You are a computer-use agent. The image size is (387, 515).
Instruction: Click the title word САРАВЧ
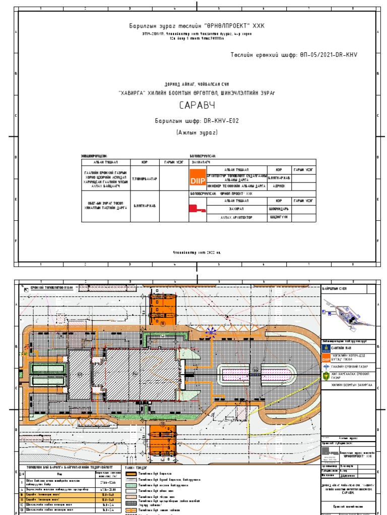[198, 106]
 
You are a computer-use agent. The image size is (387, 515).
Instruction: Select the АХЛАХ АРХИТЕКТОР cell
[236, 218]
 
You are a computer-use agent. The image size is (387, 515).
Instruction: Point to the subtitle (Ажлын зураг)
[197, 133]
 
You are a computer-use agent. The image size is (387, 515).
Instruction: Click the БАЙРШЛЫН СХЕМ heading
[334, 288]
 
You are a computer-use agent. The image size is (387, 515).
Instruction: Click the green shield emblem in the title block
[326, 375]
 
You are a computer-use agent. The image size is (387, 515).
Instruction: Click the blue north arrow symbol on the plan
[211, 330]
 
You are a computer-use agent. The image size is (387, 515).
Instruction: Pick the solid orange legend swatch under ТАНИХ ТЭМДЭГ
[131, 474]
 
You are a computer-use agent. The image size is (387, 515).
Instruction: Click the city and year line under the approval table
[197, 252]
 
